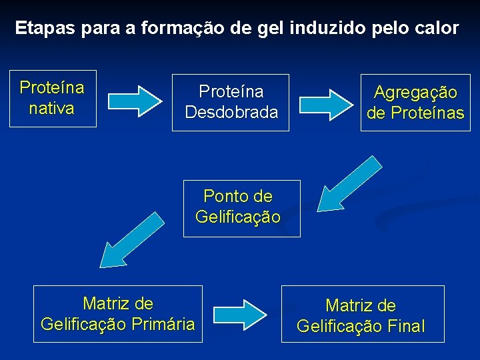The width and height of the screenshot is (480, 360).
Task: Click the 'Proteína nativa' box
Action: pyautogui.click(x=53, y=98)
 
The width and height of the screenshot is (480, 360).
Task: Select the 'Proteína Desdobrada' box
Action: pyautogui.click(x=231, y=102)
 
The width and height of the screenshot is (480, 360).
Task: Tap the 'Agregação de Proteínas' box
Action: pyautogui.click(x=415, y=102)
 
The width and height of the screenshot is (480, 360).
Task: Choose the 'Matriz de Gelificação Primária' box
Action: pyautogui.click(x=117, y=314)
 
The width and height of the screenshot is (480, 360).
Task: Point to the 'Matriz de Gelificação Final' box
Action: pyautogui.click(x=362, y=314)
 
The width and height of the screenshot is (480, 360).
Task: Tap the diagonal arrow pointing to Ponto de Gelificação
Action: pyautogui.click(x=346, y=183)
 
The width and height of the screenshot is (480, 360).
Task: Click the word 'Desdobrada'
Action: pyautogui.click(x=231, y=112)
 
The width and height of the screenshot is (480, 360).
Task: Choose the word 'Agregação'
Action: pyautogui.click(x=415, y=93)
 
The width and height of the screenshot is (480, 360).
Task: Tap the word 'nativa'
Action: pyautogui.click(x=51, y=108)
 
